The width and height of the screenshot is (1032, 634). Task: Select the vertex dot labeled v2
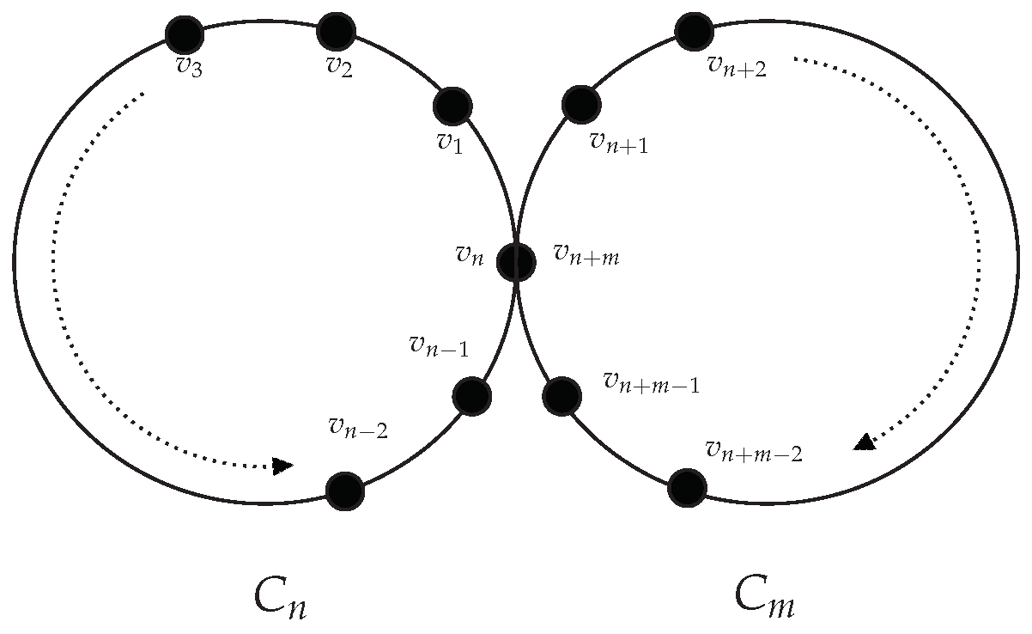(337, 31)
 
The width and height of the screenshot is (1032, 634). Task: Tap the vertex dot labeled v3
(185, 34)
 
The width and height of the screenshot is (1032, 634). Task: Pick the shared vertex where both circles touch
(517, 261)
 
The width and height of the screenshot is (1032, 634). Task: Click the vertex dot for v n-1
(471, 395)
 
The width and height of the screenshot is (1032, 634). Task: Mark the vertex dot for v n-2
(345, 491)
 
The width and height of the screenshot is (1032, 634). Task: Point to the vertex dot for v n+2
(694, 32)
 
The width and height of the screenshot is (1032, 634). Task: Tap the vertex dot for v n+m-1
(562, 396)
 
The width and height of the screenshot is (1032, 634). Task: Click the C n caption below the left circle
(280, 598)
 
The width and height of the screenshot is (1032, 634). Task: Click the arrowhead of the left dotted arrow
(282, 466)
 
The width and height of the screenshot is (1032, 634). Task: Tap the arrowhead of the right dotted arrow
(865, 442)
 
